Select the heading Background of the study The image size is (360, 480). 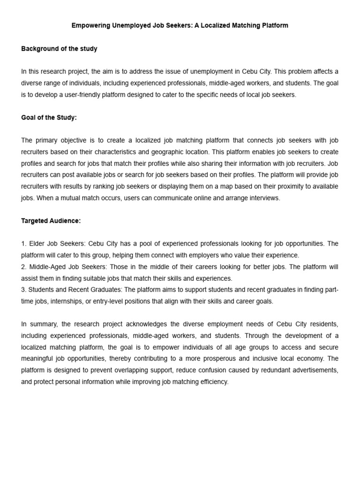click(59, 49)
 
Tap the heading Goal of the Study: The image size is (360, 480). click(49, 118)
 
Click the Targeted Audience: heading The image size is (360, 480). click(51, 221)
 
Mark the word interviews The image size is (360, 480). click(264, 198)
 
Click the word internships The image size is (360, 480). click(70, 301)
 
